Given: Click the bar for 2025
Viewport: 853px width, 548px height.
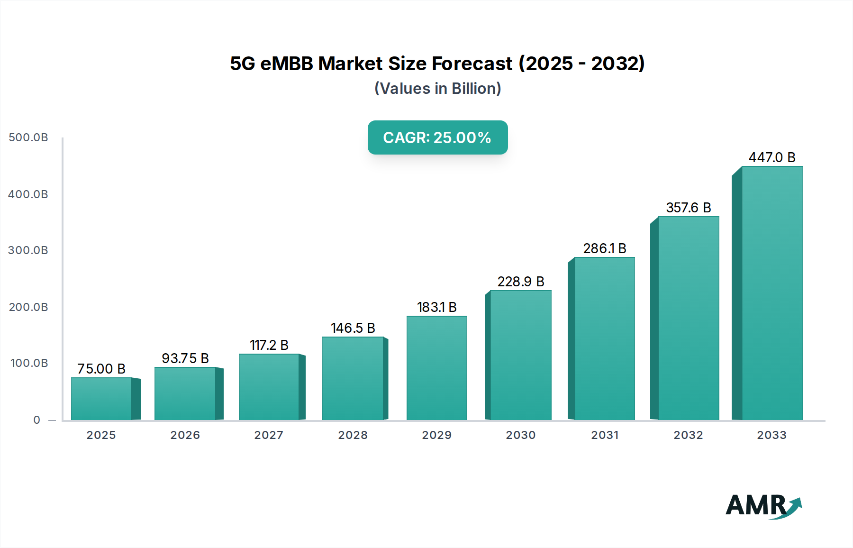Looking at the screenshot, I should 101,399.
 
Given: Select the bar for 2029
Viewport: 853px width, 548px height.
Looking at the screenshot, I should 436,368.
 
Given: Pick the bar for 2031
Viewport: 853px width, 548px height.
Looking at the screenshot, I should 604,338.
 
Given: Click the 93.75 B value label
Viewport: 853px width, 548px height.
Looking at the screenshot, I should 185,358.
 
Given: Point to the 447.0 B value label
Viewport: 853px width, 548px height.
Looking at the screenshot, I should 772,157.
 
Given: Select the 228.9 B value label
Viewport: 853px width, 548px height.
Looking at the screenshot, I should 521,282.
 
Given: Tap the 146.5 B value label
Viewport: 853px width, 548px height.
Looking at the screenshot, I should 353,328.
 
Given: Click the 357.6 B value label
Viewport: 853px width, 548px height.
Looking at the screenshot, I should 689,208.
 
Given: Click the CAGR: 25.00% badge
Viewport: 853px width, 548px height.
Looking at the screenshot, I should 437,137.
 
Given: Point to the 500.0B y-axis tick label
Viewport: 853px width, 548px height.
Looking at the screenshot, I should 28,137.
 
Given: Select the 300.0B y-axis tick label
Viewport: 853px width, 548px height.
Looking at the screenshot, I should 28,250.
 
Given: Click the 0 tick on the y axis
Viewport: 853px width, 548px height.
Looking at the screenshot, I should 37,420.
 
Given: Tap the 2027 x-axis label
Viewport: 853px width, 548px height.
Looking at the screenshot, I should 269,435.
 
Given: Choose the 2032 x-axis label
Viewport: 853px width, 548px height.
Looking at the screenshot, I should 689,435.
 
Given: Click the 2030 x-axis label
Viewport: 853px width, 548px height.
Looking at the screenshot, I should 521,435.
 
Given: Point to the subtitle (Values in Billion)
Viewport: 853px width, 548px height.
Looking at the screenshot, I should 437,89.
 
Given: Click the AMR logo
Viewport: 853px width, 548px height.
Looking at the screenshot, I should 763,506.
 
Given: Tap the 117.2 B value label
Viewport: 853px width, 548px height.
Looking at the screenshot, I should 269,345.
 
